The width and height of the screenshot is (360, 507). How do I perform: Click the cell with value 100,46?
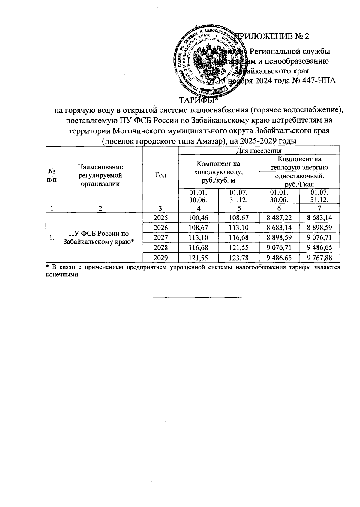tap(198, 218)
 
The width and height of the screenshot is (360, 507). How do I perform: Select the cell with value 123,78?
tap(239, 258)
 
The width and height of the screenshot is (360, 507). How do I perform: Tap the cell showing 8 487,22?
tap(279, 218)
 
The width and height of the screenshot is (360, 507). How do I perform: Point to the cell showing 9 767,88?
tap(319, 258)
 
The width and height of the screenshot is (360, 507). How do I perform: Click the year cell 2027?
tap(160, 237)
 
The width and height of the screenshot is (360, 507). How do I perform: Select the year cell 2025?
tap(160, 218)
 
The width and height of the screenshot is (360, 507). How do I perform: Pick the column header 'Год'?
tap(160, 175)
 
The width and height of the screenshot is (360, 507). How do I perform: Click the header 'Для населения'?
tap(259, 151)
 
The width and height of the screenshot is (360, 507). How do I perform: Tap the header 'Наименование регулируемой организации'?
tap(100, 175)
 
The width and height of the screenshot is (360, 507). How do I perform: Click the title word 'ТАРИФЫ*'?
tap(198, 100)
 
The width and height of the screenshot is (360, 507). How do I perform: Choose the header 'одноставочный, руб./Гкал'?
tap(300, 180)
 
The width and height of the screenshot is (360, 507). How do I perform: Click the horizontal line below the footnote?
tap(197, 297)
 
